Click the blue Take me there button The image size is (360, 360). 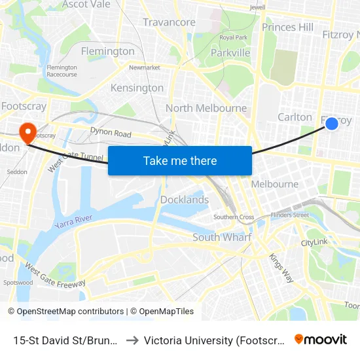[179, 160]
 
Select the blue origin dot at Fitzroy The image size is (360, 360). [332, 123]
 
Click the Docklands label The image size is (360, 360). [185, 200]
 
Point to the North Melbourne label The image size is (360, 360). [206, 108]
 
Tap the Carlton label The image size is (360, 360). [295, 117]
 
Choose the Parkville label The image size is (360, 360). [230, 52]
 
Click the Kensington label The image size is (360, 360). [137, 88]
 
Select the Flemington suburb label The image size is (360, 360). [107, 51]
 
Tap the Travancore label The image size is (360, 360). [169, 22]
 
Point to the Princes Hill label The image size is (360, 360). [287, 27]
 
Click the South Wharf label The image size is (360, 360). [222, 237]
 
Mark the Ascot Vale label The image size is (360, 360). [86, 5]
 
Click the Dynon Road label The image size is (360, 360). [111, 133]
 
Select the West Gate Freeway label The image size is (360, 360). [55, 276]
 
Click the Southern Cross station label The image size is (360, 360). [234, 217]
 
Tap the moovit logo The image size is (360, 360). [320, 339]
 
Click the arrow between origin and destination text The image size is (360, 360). [132, 340]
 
